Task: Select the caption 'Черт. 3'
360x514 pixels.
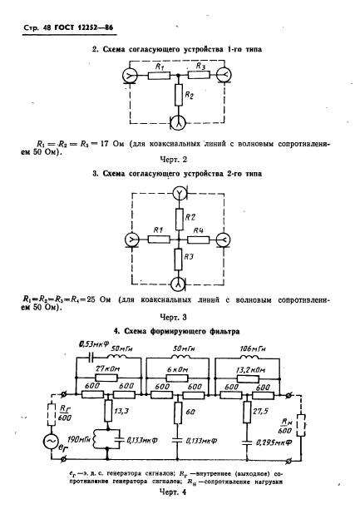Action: tap(180, 317)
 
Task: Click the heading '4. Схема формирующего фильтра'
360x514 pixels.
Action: tap(180, 331)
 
